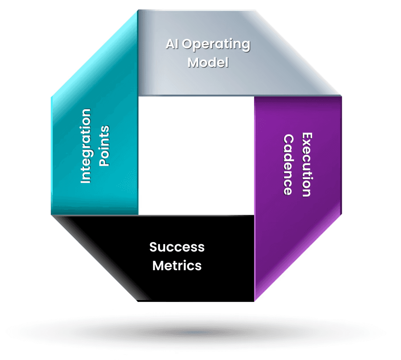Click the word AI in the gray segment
[172, 45]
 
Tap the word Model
[208, 62]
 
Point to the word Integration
[86, 146]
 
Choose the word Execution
[306, 165]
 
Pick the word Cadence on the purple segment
[288, 165]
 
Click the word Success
[177, 247]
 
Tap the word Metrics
[177, 265]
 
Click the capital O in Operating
[189, 45]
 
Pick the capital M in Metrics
[158, 265]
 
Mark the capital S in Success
[153, 247]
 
